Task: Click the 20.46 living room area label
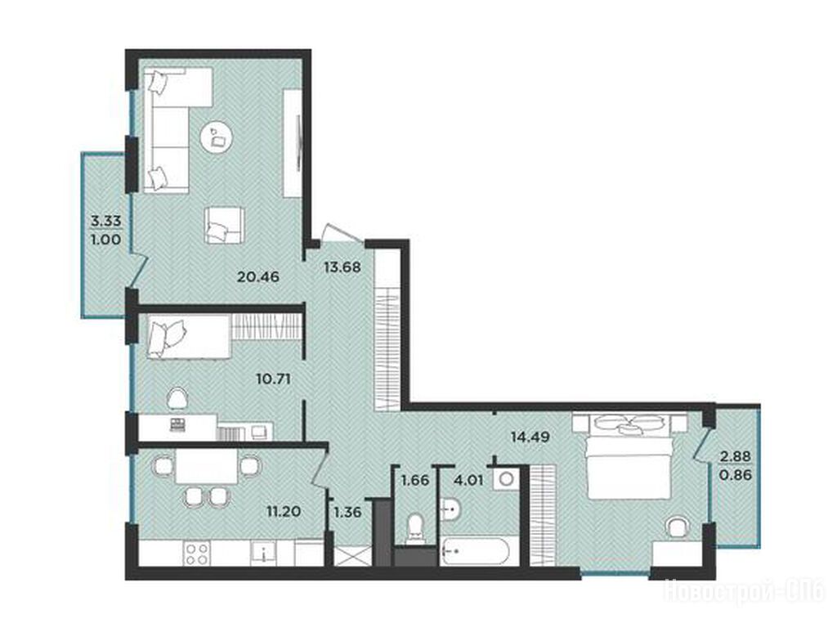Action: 258,276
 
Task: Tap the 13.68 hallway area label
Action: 342,266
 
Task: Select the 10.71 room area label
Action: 273,379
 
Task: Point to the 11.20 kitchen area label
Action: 284,512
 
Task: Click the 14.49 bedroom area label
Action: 530,437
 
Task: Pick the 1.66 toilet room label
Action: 414,480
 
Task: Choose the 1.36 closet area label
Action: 347,513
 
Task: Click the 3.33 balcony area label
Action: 106,221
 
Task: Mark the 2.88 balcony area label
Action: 736,456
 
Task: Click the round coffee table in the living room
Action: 217,136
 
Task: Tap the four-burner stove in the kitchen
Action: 197,553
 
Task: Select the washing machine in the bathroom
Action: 505,479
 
